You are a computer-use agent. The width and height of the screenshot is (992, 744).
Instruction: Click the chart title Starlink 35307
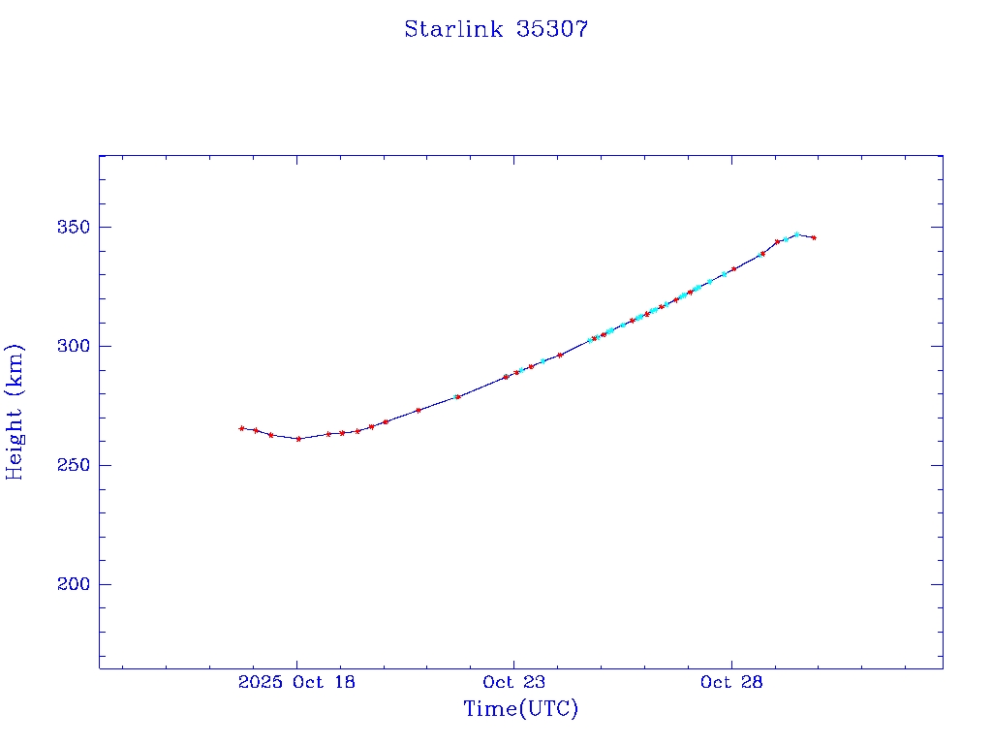tap(496, 29)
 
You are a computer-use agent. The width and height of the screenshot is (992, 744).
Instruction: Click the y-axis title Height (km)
tap(15, 412)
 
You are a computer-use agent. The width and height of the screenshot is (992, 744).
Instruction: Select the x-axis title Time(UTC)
tap(520, 709)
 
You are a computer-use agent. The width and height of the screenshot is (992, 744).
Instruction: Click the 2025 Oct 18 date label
tap(295, 682)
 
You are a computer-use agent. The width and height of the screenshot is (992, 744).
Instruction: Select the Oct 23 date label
tap(513, 682)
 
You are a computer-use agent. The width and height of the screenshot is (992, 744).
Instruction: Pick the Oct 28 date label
tap(731, 682)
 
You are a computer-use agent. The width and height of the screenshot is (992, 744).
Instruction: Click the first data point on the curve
tap(241, 428)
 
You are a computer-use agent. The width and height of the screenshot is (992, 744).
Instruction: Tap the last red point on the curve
tap(814, 237)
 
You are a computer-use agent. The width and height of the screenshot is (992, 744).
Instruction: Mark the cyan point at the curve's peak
tap(796, 234)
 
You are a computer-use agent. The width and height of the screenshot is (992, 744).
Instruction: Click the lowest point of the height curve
tap(298, 439)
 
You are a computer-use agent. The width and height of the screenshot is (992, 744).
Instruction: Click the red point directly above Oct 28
tap(733, 268)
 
